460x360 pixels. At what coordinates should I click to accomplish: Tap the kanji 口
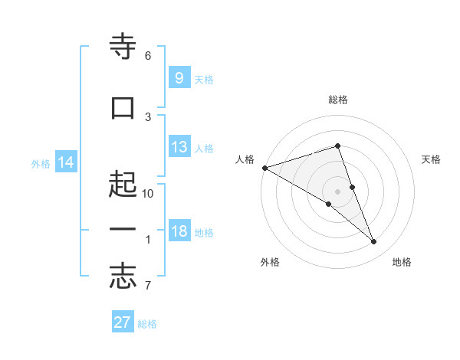(x=123, y=107)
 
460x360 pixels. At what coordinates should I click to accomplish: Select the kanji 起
(x=123, y=185)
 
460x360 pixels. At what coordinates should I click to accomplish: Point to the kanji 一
(x=123, y=229)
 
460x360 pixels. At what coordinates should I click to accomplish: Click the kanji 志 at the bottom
(x=123, y=277)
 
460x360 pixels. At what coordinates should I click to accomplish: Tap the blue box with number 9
(x=179, y=77)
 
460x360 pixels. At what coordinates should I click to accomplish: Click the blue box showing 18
(x=179, y=231)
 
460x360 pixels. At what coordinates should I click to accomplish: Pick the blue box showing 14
(x=66, y=162)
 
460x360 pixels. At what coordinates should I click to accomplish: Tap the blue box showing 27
(x=123, y=322)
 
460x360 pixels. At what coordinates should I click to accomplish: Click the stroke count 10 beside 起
(x=148, y=194)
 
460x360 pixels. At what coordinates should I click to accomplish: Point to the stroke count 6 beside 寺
(x=148, y=56)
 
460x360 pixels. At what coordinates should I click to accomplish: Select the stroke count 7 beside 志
(x=148, y=286)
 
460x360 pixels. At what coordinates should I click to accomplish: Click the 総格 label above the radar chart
(x=337, y=100)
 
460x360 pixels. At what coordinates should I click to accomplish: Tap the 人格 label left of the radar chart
(x=245, y=159)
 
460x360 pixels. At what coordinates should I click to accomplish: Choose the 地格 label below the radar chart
(x=402, y=262)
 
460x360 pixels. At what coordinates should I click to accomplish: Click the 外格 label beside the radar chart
(x=270, y=262)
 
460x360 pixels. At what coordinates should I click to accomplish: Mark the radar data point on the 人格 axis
(x=264, y=168)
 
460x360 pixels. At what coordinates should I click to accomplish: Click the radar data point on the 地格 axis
(x=374, y=242)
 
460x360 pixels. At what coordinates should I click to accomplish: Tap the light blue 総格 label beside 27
(x=147, y=324)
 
